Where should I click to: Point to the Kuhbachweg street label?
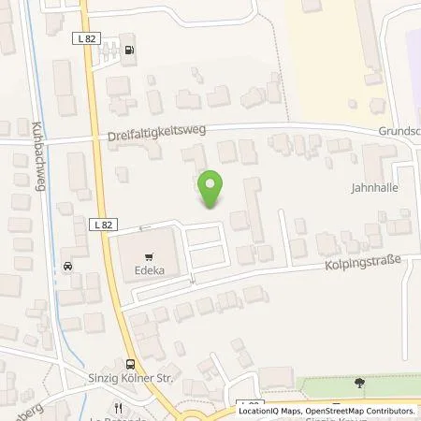pos(38,154)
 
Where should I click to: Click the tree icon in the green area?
pos(359,382)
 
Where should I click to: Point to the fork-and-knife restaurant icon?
pos(118,408)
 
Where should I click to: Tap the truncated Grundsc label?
pos(399,132)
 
